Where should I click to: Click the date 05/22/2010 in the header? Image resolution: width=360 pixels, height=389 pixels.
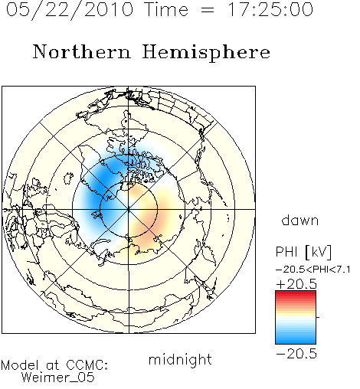[x=70, y=10]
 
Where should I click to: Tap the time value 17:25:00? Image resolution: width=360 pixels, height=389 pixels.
[x=270, y=9]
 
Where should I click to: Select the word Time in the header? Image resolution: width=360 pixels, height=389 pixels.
[x=166, y=9]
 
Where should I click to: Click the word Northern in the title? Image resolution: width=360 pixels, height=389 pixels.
[x=82, y=51]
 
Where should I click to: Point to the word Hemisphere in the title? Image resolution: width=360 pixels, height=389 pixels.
[x=206, y=53]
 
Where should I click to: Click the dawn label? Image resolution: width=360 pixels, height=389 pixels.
[x=300, y=221]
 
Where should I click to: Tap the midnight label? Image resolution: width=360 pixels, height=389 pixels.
[x=180, y=359]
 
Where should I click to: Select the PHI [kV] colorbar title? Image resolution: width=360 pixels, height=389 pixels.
[x=303, y=252]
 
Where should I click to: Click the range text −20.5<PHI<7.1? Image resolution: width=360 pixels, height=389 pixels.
[x=313, y=270]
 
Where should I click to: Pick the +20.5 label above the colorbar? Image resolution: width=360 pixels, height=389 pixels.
[x=296, y=284]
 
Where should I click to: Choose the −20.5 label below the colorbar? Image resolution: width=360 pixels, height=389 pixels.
[x=296, y=354]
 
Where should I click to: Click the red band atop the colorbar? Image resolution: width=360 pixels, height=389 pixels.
[x=296, y=294]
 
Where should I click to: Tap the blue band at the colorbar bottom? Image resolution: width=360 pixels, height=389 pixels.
[x=296, y=341]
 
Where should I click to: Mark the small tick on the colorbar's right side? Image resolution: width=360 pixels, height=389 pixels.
[x=318, y=317]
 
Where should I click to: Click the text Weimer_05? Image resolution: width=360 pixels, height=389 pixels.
[x=58, y=378]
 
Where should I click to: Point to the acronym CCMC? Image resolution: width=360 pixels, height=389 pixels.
[x=87, y=365]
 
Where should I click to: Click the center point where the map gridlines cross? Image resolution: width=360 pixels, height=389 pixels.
[x=129, y=209]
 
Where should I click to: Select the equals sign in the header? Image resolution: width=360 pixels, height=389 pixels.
[x=208, y=11]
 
